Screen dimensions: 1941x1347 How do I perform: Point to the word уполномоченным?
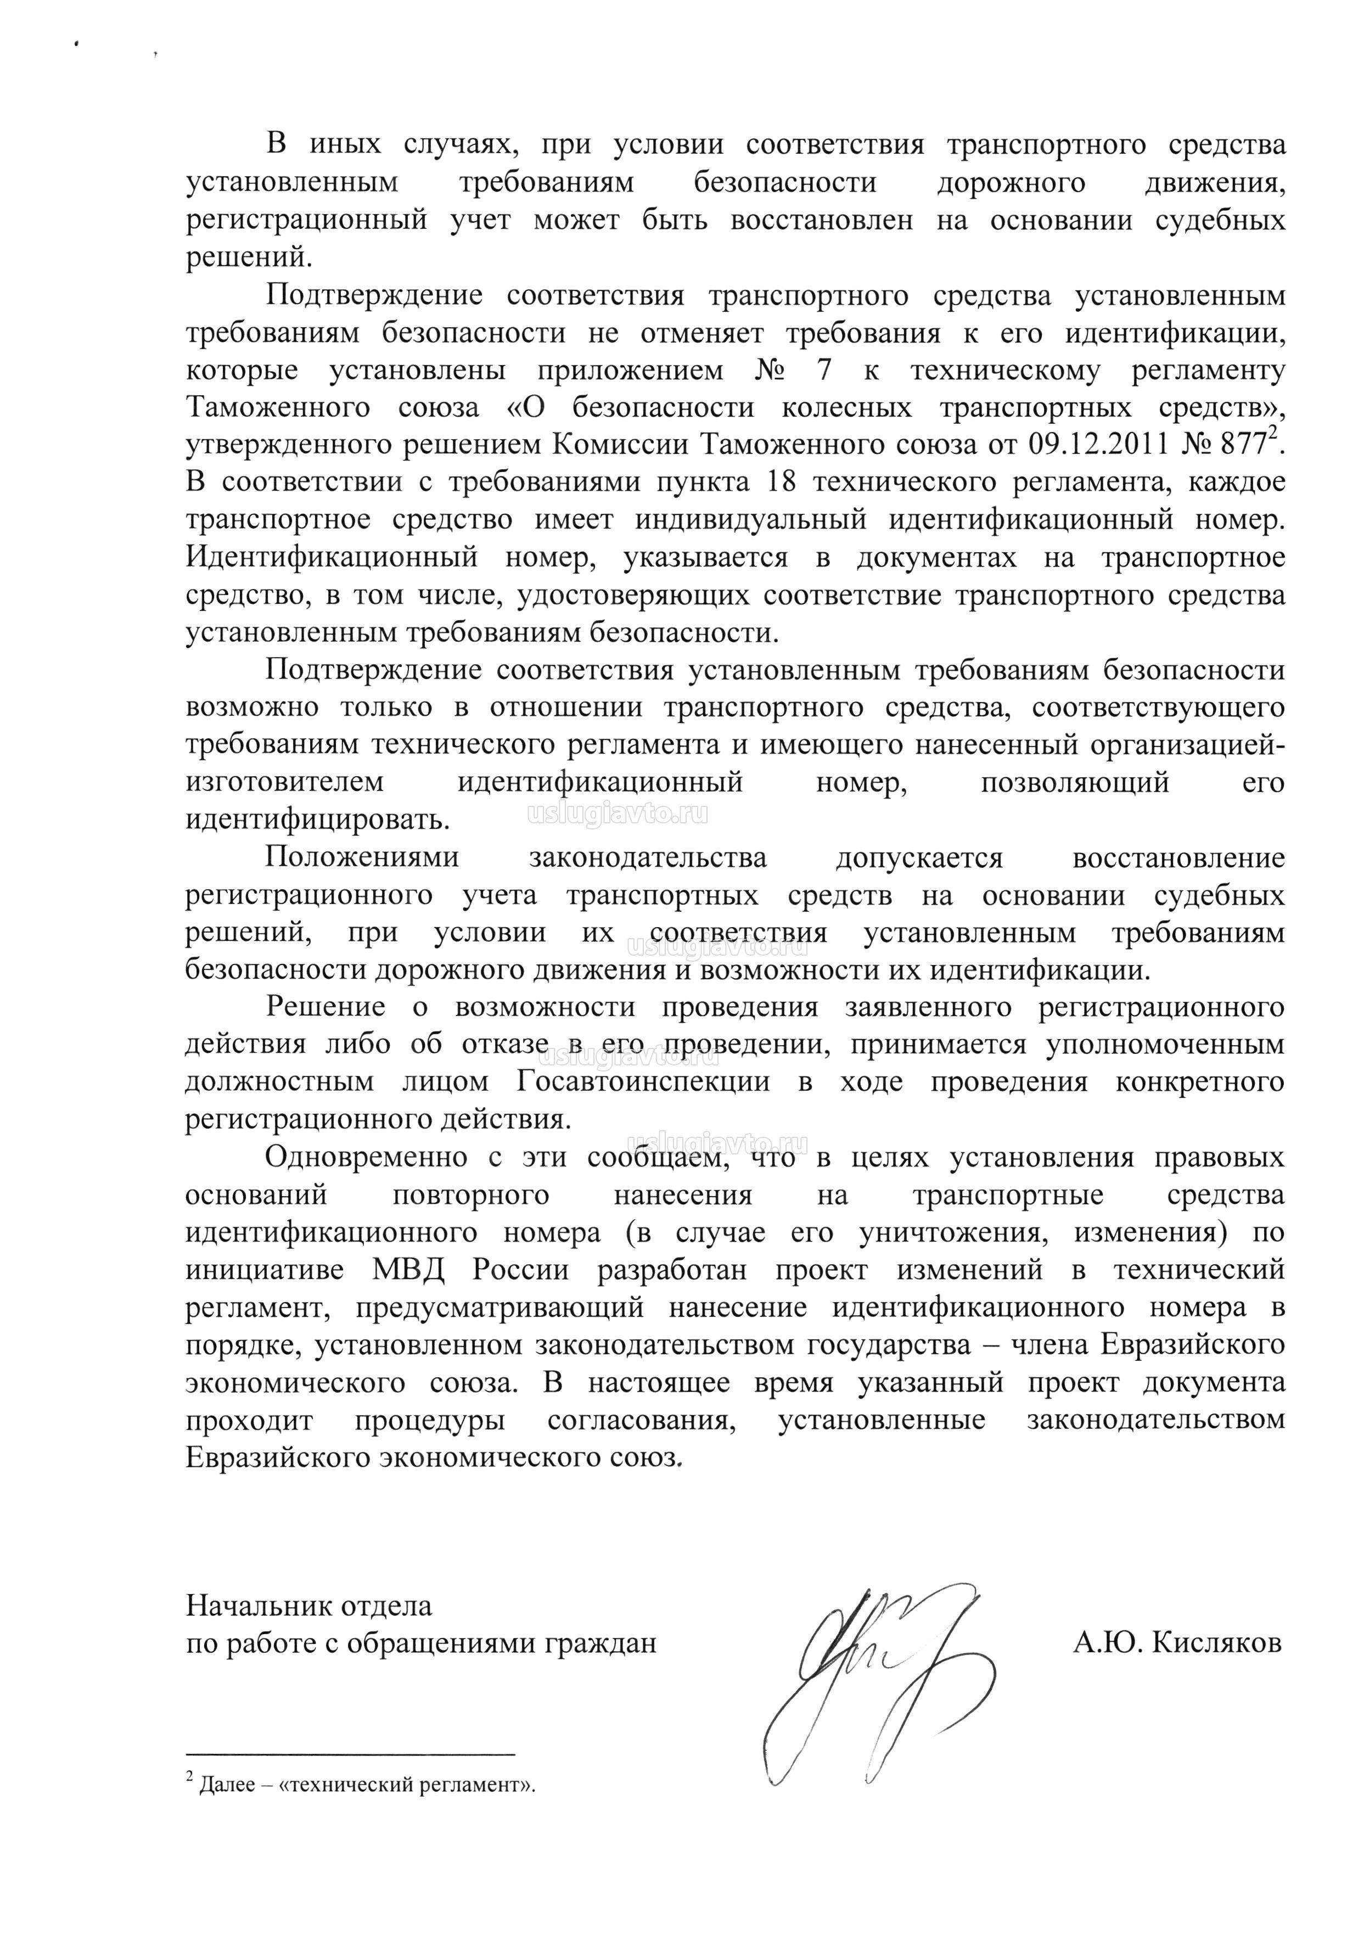tap(1165, 1045)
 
